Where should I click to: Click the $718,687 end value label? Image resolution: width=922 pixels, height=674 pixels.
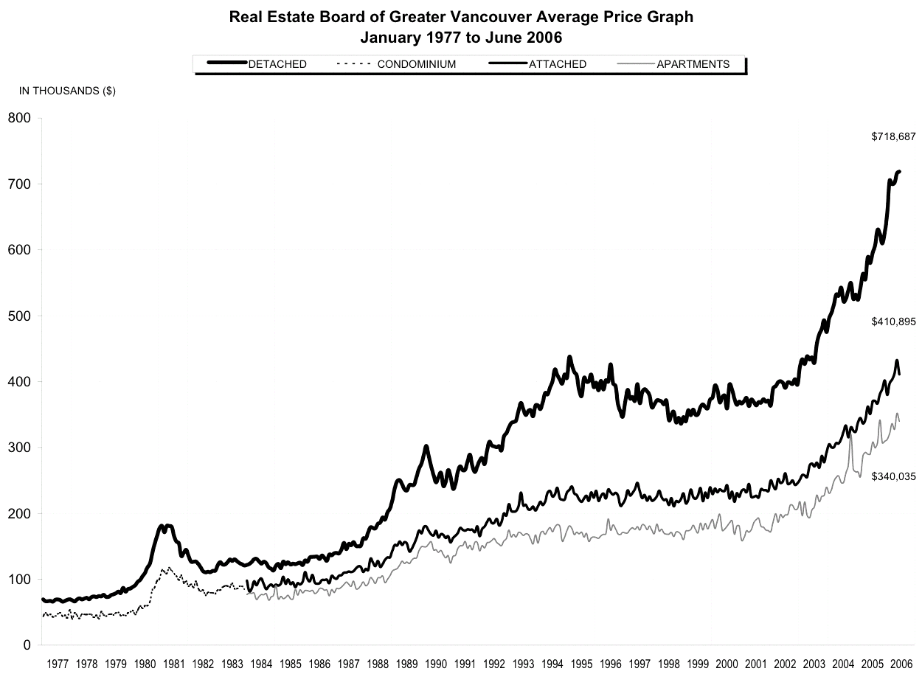(893, 136)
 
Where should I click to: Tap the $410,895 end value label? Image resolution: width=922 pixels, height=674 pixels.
(893, 322)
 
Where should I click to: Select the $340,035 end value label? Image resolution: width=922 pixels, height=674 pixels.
(893, 476)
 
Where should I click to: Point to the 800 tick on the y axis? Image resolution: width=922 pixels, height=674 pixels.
(18, 118)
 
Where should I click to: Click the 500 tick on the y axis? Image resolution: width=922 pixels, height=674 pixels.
(18, 316)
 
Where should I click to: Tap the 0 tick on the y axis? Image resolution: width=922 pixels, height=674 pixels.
(27, 645)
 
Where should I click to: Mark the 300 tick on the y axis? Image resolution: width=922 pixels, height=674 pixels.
(18, 448)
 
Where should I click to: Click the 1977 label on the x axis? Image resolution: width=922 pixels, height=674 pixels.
(58, 663)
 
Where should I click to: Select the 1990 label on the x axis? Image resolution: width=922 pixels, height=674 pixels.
(436, 663)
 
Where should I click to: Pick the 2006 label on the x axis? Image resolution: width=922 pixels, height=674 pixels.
(901, 663)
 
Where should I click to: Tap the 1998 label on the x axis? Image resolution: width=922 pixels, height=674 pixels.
(669, 663)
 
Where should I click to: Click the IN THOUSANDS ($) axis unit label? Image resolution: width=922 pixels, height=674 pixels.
(67, 91)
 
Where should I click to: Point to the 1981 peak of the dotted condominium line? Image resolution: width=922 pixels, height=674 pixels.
(170, 568)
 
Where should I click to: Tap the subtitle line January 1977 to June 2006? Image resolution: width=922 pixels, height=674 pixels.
(461, 36)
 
